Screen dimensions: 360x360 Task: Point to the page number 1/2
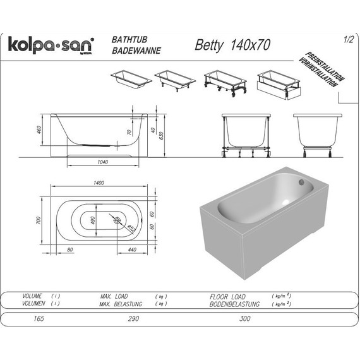pyautogui.click(x=347, y=40)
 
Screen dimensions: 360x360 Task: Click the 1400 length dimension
pyautogui.click(x=99, y=183)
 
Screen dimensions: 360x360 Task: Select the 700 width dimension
pyautogui.click(x=39, y=220)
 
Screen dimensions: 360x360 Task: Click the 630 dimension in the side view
pyautogui.click(x=162, y=134)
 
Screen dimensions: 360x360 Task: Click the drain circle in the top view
pyautogui.click(x=117, y=221)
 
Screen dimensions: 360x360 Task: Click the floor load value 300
pyautogui.click(x=245, y=319)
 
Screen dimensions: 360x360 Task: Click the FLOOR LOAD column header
pyautogui.click(x=228, y=296)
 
